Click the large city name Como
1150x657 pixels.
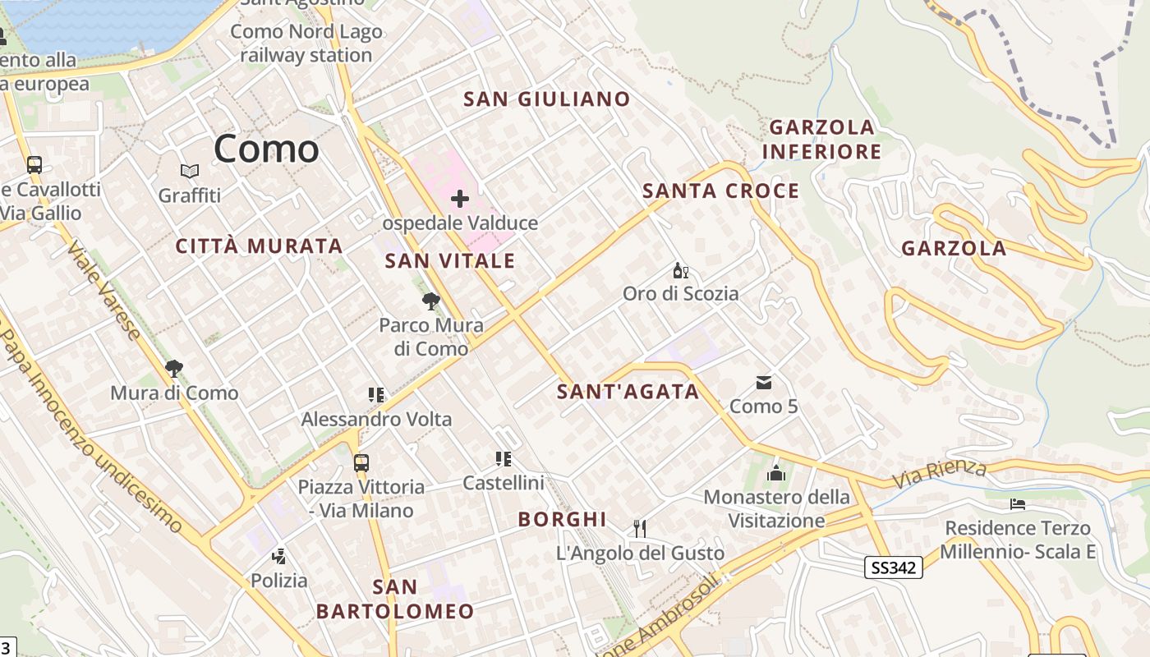point(266,149)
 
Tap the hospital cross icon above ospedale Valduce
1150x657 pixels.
point(460,198)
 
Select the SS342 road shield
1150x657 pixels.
point(894,567)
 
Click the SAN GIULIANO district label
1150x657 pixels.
point(547,99)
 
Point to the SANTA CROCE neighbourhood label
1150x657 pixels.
point(720,191)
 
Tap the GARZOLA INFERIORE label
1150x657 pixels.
point(821,140)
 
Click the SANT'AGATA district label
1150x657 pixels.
point(628,392)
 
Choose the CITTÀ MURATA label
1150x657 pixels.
point(260,246)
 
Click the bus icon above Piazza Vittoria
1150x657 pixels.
point(361,462)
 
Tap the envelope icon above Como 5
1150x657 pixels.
point(764,382)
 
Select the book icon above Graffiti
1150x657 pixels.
point(190,171)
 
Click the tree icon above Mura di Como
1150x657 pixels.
point(173,368)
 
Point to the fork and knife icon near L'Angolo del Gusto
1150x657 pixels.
point(640,528)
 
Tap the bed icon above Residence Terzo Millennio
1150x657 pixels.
point(1018,503)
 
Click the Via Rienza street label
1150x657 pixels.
point(940,473)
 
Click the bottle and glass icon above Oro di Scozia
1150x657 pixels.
point(680,270)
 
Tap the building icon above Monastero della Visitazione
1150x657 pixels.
point(776,473)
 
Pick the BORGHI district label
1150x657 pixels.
point(563,519)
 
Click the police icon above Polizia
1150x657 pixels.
point(279,556)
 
